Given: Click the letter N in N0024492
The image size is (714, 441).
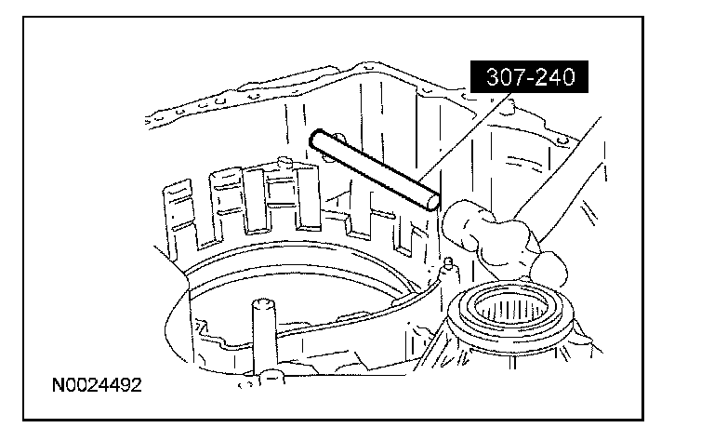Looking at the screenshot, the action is (59, 384).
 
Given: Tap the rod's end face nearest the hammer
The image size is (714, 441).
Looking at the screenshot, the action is (430, 201).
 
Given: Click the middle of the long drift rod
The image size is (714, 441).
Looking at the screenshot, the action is (372, 170).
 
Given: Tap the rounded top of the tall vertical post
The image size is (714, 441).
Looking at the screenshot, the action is (261, 306).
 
